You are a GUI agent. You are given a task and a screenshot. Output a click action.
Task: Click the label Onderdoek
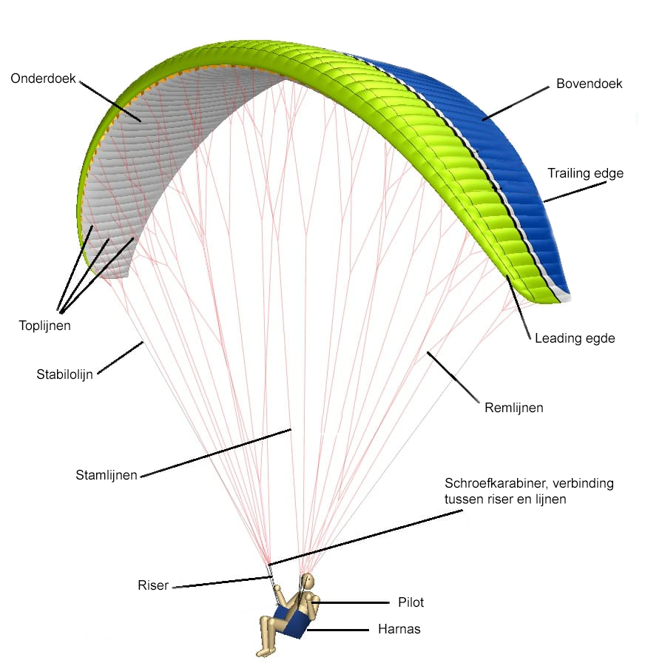click(43, 78)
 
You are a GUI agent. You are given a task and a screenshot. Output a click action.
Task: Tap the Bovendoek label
click(589, 84)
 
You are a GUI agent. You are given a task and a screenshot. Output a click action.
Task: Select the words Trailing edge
click(585, 174)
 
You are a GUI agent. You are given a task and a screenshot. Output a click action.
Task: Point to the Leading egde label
click(575, 338)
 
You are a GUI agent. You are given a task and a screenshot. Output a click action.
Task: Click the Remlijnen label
click(513, 407)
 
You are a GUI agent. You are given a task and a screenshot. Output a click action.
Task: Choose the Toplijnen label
click(44, 324)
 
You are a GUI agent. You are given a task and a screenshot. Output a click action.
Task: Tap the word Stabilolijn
click(64, 374)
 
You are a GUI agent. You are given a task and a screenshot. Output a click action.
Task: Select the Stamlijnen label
click(107, 474)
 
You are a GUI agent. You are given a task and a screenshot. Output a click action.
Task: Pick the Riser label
click(153, 585)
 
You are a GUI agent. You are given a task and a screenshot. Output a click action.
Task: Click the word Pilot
click(411, 602)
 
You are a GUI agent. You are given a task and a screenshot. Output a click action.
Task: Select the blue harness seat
click(293, 622)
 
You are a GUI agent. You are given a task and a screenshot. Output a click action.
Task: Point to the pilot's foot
click(263, 652)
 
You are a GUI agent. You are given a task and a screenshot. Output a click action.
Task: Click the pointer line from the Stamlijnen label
click(215, 452)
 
